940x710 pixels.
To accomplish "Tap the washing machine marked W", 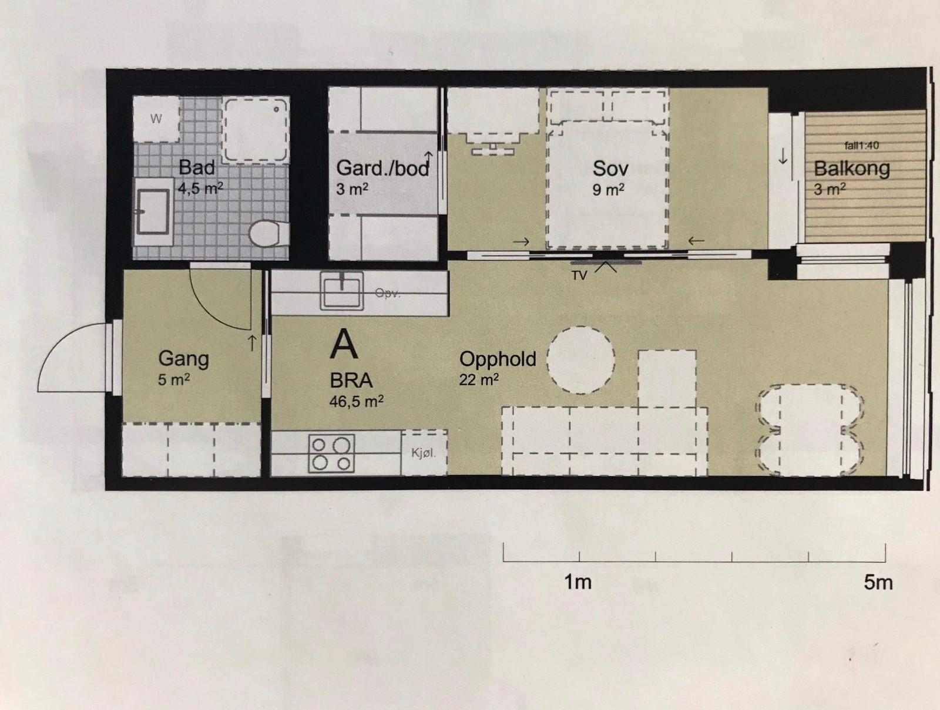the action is (x=156, y=119).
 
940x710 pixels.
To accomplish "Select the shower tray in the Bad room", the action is (x=255, y=130).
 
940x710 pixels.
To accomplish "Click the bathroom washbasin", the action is (x=153, y=212).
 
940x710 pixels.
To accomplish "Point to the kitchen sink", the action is (x=342, y=291).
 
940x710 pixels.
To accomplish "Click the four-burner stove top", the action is (x=331, y=453).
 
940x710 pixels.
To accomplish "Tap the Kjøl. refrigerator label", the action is (x=423, y=452).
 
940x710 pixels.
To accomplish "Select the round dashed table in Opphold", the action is (x=581, y=360).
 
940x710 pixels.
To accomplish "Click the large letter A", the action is (x=344, y=344).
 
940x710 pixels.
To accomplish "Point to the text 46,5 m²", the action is (x=356, y=402).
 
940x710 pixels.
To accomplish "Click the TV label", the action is (x=579, y=276).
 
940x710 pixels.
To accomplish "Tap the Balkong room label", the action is (x=851, y=169).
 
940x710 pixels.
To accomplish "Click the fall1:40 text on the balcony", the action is (x=862, y=146).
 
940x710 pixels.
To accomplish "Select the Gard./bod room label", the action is (x=382, y=168).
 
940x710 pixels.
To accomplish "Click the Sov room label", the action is (x=610, y=169).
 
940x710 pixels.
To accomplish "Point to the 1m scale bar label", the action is (x=578, y=582).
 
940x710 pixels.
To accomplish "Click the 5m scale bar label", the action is (x=878, y=583).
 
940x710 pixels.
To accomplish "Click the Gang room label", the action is (x=184, y=359).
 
